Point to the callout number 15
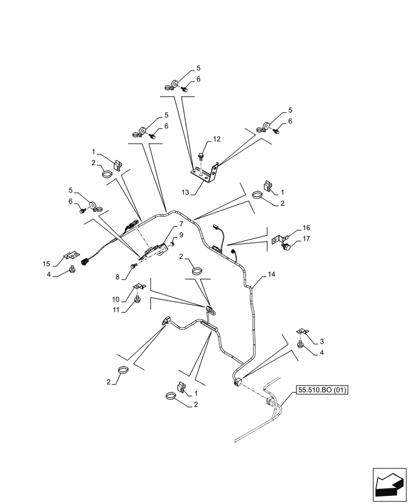pos(46,264)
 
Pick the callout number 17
pos(306,239)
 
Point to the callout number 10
pos(116,298)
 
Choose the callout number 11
pos(116,310)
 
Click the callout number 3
pos(322,342)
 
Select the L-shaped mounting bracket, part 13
pos(206,173)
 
